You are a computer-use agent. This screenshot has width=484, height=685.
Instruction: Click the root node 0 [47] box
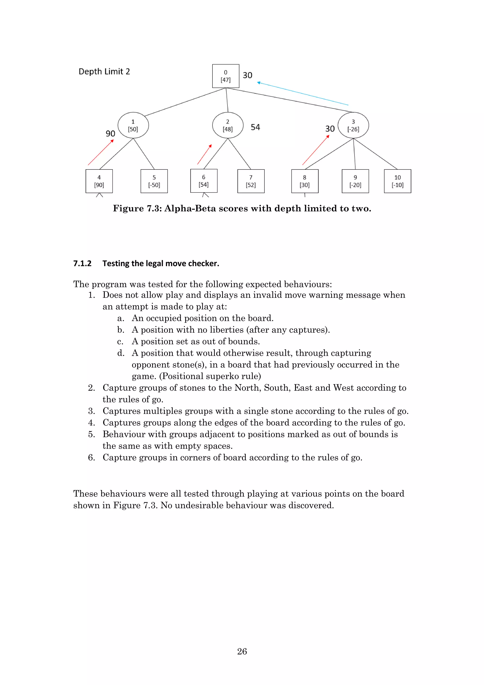tap(225, 76)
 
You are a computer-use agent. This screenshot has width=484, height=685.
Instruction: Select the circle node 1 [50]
tap(133, 125)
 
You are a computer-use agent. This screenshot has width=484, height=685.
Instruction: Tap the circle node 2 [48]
tap(228, 125)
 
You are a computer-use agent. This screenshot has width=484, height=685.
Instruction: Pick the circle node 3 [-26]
tap(353, 125)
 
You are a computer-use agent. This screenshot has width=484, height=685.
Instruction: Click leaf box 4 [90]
tap(99, 181)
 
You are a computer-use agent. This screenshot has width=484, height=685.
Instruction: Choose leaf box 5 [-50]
tap(154, 181)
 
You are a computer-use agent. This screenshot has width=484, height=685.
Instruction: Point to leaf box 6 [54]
tap(204, 181)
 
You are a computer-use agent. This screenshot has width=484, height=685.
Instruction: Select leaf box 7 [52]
tap(251, 181)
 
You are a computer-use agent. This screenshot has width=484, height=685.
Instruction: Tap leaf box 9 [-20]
tap(355, 181)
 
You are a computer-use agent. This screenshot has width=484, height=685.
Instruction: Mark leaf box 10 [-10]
tap(397, 181)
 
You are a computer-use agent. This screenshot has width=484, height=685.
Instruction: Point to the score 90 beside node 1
tap(110, 134)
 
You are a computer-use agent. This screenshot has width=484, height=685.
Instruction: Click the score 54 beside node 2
tap(255, 127)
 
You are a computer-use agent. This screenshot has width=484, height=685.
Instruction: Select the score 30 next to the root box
tap(247, 75)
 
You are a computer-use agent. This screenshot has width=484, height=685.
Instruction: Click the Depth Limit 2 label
tap(104, 72)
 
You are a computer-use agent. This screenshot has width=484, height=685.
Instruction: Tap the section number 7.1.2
tap(82, 264)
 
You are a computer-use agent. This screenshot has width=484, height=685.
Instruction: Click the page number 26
tap(242, 651)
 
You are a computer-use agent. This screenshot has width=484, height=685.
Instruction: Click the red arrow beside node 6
tap(204, 154)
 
